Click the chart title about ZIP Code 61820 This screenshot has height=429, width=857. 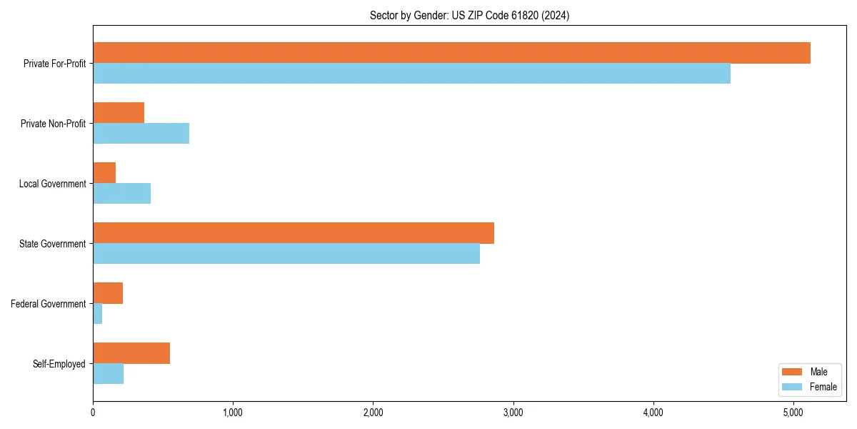[x=469, y=15]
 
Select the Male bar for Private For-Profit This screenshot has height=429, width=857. [x=451, y=53]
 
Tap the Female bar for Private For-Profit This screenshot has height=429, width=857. [x=411, y=74]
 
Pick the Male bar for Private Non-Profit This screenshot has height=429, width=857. [x=119, y=113]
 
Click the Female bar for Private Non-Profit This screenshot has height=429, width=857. [x=141, y=134]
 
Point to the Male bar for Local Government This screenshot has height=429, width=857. [x=104, y=173]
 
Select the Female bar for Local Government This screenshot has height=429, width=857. [x=121, y=194]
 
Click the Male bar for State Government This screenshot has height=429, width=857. [x=294, y=233]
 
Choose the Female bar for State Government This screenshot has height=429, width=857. [x=286, y=254]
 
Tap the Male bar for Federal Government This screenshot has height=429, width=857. [x=108, y=293]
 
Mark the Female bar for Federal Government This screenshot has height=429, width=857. [x=98, y=314]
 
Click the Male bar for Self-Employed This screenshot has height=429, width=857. [x=131, y=353]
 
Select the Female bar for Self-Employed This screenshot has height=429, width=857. [x=109, y=374]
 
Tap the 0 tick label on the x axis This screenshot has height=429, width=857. [x=93, y=413]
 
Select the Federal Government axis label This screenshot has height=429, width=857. [x=49, y=304]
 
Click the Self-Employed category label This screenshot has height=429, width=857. [x=59, y=364]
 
